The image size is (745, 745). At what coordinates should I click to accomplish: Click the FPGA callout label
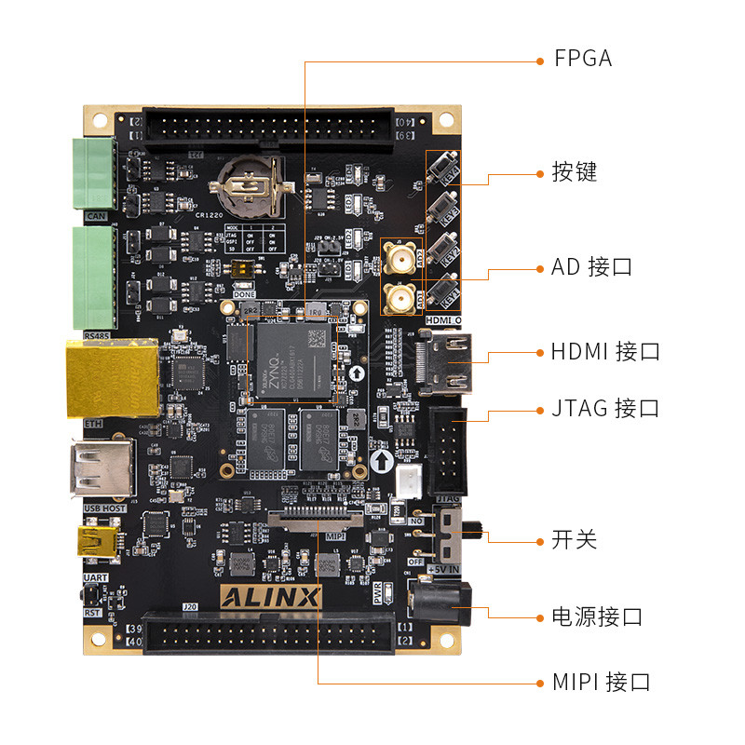coord(583,59)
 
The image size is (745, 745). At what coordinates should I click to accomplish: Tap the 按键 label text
coord(574,172)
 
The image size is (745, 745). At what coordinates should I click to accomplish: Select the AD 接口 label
coord(591,267)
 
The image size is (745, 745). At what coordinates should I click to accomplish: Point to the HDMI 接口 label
coord(604,352)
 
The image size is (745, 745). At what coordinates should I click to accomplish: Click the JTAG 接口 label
coord(604,408)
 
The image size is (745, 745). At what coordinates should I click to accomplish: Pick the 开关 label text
coord(574,540)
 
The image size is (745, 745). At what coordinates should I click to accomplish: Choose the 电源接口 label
coord(597,616)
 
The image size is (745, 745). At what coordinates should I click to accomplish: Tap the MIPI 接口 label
coord(600,683)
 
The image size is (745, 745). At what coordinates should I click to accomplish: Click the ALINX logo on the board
coord(270,596)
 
